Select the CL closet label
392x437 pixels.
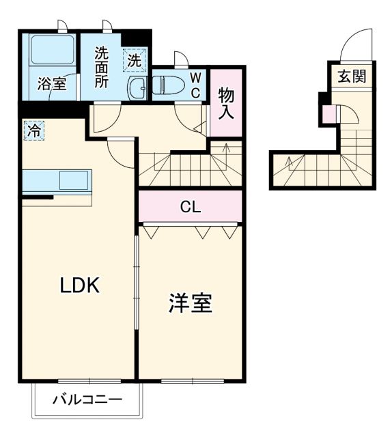click(x=191, y=207)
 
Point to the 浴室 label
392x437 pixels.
click(x=51, y=85)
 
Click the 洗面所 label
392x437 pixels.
click(x=102, y=66)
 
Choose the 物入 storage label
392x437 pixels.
click(x=226, y=104)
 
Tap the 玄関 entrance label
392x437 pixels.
click(x=351, y=76)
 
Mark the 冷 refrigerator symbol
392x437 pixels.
click(x=33, y=129)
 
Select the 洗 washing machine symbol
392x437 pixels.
click(x=135, y=60)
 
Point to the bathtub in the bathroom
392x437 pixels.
click(x=51, y=52)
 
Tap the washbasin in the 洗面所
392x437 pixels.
click(x=137, y=87)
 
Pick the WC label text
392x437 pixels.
click(x=195, y=84)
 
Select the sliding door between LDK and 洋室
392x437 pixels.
click(x=136, y=287)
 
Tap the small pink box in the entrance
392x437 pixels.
click(x=329, y=115)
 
